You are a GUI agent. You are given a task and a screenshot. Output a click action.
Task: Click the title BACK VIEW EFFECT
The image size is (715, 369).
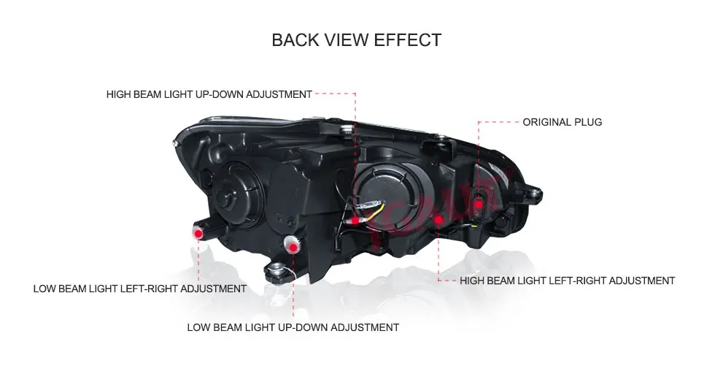pyautogui.click(x=356, y=39)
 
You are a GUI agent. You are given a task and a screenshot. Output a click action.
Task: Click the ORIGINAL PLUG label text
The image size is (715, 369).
pyautogui.click(x=562, y=122)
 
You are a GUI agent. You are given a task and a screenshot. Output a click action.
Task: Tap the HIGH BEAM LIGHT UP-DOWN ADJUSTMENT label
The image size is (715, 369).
pyautogui.click(x=209, y=94)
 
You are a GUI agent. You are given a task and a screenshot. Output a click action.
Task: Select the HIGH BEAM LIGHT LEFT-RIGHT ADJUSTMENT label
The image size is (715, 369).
pyautogui.click(x=567, y=281)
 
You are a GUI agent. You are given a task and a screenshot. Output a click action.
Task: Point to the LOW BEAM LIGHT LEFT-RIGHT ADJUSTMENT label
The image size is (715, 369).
pyautogui.click(x=139, y=289)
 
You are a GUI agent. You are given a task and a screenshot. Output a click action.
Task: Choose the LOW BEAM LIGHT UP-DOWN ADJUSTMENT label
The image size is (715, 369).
pyautogui.click(x=293, y=327)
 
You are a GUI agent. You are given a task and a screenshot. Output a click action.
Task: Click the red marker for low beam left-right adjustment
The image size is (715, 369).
pyautogui.click(x=198, y=232)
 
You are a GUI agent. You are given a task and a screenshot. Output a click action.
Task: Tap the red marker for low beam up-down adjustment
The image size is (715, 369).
pyautogui.click(x=293, y=247)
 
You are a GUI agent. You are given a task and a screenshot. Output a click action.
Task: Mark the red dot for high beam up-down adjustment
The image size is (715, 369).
pyautogui.click(x=355, y=220)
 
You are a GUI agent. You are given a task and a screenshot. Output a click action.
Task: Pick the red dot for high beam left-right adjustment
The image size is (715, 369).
pyautogui.click(x=438, y=219)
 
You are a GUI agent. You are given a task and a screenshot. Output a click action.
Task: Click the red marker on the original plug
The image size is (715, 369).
pyautogui.click(x=478, y=204)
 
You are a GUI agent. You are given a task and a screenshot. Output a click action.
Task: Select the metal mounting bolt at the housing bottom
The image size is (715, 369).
pyautogui.click(x=277, y=273)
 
